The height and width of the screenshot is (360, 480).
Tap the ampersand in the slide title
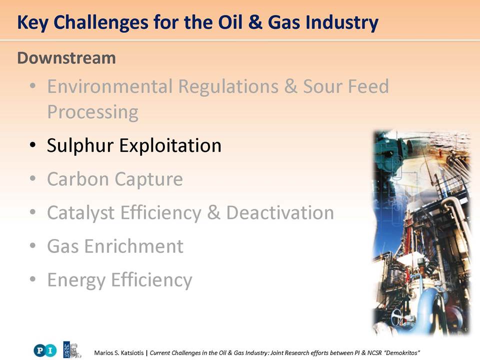pyautogui.click(x=255, y=22)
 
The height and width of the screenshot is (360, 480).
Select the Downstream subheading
pyautogui.click(x=66, y=58)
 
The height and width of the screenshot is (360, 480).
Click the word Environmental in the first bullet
pyautogui.click(x=110, y=86)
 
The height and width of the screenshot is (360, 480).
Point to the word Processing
pyautogui.click(x=93, y=112)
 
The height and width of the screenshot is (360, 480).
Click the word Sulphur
pyautogui.click(x=80, y=145)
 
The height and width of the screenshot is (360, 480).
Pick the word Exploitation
pyautogui.click(x=170, y=145)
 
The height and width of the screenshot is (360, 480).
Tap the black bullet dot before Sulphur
pyautogui.click(x=33, y=145)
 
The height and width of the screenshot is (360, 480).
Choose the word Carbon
pyautogui.click(x=78, y=179)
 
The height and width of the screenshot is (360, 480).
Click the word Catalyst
pyautogui.click(x=81, y=213)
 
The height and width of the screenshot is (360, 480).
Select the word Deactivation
pyautogui.click(x=280, y=212)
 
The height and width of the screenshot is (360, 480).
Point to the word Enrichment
pyautogui.click(x=134, y=246)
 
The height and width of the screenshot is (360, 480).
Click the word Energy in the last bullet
pyautogui.click(x=76, y=280)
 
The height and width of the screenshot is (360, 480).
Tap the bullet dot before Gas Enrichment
pyautogui.click(x=33, y=246)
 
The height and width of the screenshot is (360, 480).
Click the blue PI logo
pyautogui.click(x=45, y=350)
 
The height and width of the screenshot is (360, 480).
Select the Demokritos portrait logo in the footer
pyautogui.click(x=72, y=349)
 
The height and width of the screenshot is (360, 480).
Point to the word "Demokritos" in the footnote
pyautogui.click(x=401, y=352)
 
